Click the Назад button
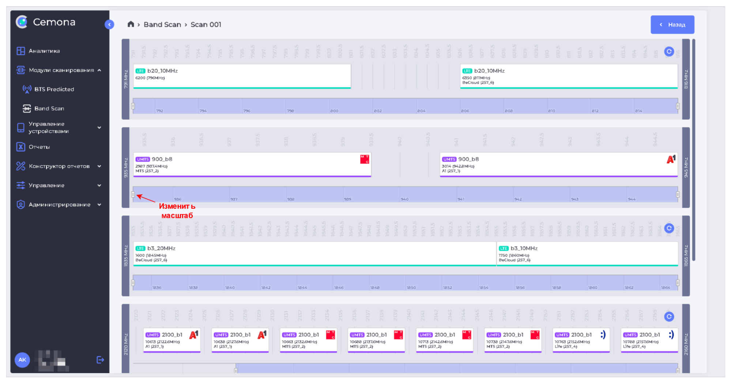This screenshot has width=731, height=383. (672, 25)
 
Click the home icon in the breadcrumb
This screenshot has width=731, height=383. (131, 24)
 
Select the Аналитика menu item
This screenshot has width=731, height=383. (44, 51)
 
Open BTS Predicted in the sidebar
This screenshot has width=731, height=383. (54, 89)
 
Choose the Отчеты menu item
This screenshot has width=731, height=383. (39, 147)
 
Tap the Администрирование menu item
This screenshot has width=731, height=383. (59, 205)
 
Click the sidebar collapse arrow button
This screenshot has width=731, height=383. (109, 25)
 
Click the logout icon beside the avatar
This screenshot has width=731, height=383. (100, 360)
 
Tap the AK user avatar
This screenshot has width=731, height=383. (22, 360)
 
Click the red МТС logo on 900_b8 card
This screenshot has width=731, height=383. (365, 159)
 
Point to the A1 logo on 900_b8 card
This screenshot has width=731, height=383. (671, 159)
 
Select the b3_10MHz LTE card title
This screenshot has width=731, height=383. (524, 248)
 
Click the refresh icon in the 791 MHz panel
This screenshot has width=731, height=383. (669, 52)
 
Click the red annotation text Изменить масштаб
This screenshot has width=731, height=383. (177, 211)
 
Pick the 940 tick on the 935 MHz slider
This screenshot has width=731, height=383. (404, 199)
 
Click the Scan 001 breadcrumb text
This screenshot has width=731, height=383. (206, 25)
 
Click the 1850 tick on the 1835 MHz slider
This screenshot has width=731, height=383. (411, 287)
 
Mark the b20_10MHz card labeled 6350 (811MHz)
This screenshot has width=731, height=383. (569, 76)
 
